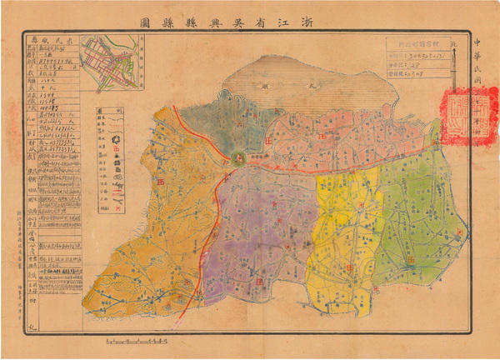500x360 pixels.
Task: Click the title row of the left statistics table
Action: [49, 37]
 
